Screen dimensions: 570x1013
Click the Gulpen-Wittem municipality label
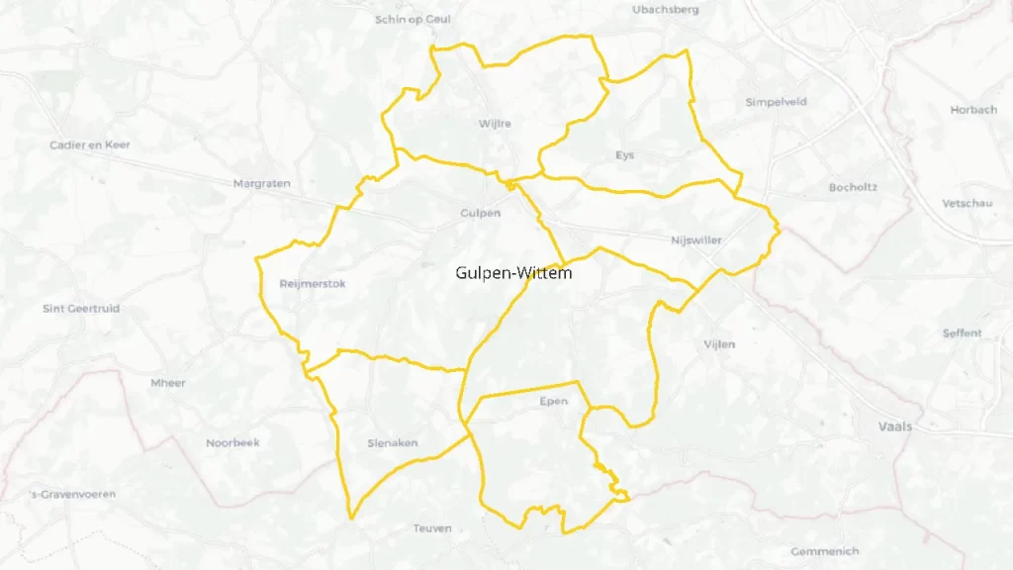point(513,273)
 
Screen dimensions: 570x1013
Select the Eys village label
point(624,155)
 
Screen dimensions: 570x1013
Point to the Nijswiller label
point(695,240)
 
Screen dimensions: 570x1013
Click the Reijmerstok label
point(312,284)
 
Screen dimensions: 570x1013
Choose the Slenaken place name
point(392,443)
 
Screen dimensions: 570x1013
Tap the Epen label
point(554,402)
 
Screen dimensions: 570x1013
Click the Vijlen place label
point(719,344)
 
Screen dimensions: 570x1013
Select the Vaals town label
point(894,427)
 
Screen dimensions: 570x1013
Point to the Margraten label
point(258,184)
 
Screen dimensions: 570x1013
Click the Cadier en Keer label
point(90,145)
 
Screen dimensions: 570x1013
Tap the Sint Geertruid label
point(81,309)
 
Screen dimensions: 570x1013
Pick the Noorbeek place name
point(232,443)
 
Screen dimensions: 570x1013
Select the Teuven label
point(432,528)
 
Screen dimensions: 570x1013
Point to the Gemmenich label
point(825,551)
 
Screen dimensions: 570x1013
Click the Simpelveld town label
point(776,102)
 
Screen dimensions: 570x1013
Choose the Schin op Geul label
point(414,19)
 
